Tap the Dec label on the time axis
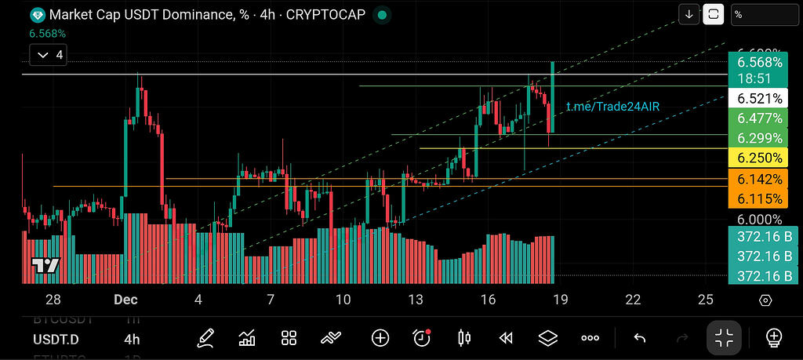[x=125, y=299]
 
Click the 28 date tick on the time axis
[x=53, y=299]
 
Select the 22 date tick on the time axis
[x=633, y=299]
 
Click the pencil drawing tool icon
[x=206, y=338]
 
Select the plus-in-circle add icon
[x=380, y=338]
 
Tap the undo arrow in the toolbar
[x=639, y=338]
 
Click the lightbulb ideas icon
[x=774, y=338]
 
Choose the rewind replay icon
[x=506, y=338]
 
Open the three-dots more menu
[x=590, y=338]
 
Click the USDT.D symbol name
[x=55, y=339]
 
